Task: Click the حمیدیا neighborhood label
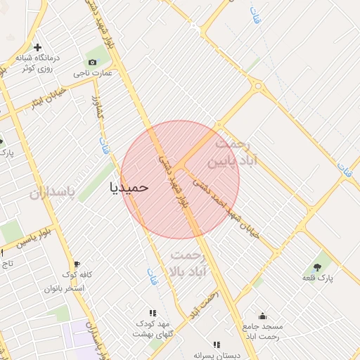click(x=130, y=188)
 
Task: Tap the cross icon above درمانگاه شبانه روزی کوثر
click(x=37, y=47)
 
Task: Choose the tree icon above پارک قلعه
click(x=317, y=266)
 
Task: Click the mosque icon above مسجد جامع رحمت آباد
click(x=262, y=316)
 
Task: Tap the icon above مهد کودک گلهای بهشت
click(x=152, y=313)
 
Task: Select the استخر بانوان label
click(x=64, y=289)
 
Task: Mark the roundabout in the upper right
click(x=258, y=86)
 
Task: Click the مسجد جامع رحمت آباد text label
click(x=262, y=332)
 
